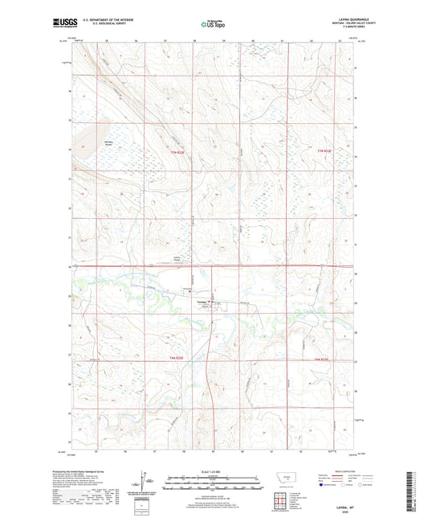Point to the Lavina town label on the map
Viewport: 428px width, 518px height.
(x=202, y=300)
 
